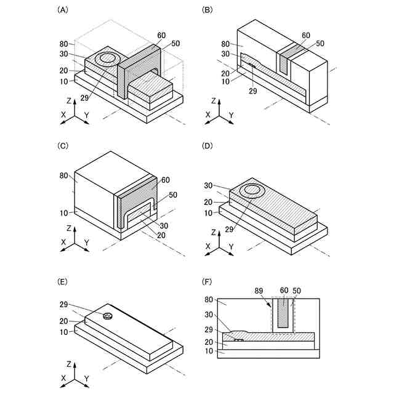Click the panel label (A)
pyautogui.click(x=62, y=10)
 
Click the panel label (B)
pyautogui.click(x=207, y=10)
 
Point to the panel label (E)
pyautogui.click(x=62, y=281)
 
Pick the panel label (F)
pyautogui.click(x=207, y=281)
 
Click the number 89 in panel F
pyautogui.click(x=260, y=289)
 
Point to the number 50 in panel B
pyautogui.click(x=320, y=43)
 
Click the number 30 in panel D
pyautogui.click(x=209, y=185)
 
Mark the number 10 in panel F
pyautogui.click(x=209, y=352)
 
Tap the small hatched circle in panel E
pyautogui.click(x=108, y=316)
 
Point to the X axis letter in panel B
pyautogui.click(x=208, y=115)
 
